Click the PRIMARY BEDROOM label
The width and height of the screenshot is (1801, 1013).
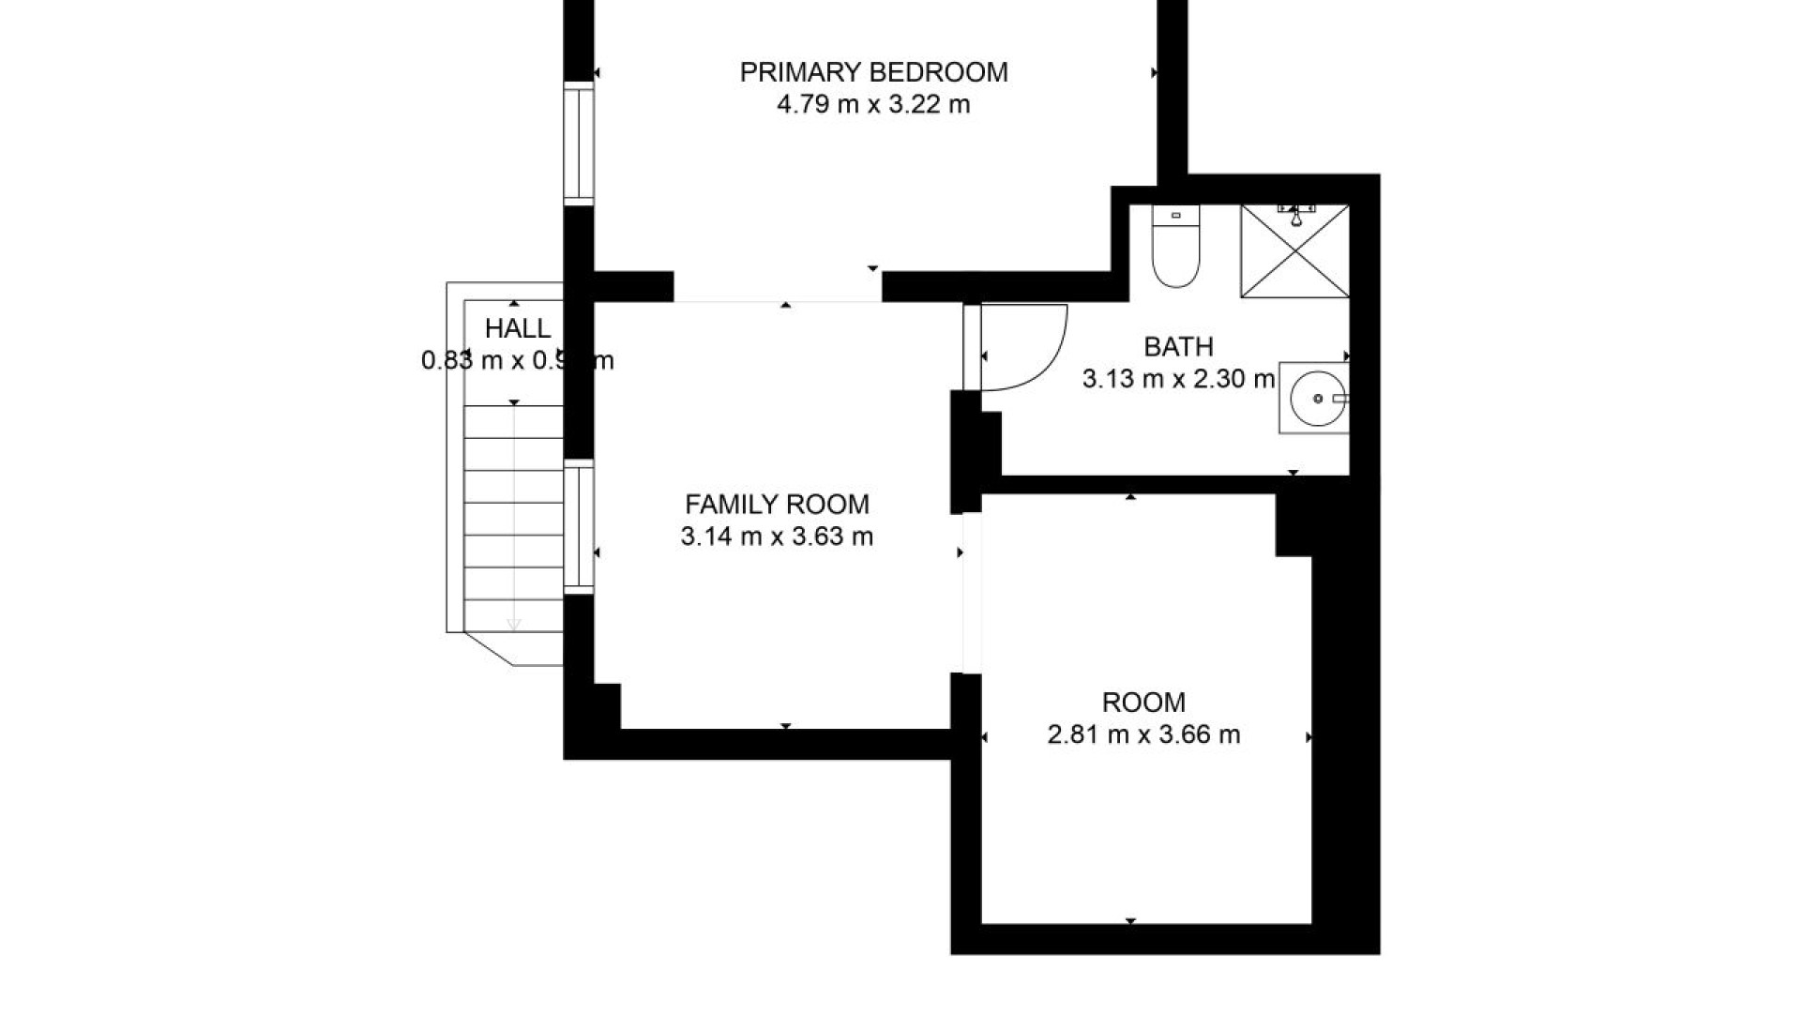873,72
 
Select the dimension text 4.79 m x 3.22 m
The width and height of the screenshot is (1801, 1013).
873,104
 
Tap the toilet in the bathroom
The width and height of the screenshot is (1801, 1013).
1175,258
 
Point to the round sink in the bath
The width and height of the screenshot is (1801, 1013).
1315,399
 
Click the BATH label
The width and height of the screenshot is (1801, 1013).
1178,347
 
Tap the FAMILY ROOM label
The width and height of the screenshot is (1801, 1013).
777,505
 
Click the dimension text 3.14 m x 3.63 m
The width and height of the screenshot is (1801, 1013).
777,537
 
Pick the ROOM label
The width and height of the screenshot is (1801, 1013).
1143,703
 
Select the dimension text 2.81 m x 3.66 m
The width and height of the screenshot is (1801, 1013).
1143,734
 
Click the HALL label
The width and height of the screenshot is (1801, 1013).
518,329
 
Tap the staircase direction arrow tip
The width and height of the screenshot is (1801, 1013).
514,625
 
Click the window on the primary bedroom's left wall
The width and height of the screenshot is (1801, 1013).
579,143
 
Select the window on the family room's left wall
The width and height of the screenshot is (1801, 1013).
579,526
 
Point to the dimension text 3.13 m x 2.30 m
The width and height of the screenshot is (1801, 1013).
1178,379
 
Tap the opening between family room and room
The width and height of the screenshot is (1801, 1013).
972,593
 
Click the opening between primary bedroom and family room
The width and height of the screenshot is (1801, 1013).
778,287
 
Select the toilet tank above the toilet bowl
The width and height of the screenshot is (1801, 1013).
1175,216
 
